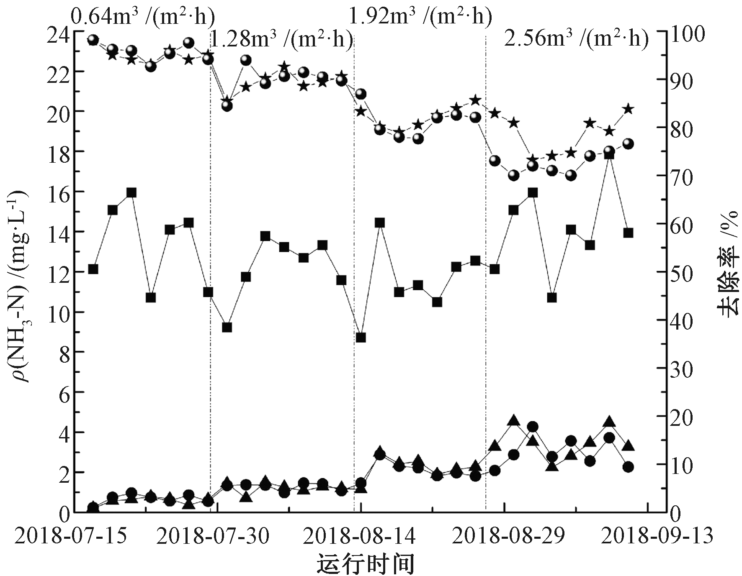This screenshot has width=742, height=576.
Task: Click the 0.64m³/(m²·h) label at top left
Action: click(x=143, y=16)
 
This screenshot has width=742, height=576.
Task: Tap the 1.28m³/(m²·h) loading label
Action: click(x=281, y=40)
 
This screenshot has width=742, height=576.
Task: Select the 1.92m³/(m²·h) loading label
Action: click(x=420, y=16)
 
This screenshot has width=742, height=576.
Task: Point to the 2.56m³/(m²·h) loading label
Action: click(x=576, y=39)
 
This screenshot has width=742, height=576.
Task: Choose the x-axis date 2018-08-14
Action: click(x=359, y=536)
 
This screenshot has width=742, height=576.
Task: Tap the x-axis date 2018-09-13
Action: click(x=656, y=536)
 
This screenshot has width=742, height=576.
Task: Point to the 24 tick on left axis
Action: click(x=58, y=31)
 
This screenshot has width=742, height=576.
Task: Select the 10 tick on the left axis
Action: click(x=58, y=312)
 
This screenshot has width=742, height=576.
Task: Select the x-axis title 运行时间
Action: click(x=365, y=563)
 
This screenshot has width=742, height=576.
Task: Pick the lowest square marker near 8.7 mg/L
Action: click(x=361, y=338)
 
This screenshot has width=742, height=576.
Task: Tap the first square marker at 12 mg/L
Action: click(x=93, y=269)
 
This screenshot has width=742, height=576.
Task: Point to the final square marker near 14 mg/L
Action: click(x=628, y=233)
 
